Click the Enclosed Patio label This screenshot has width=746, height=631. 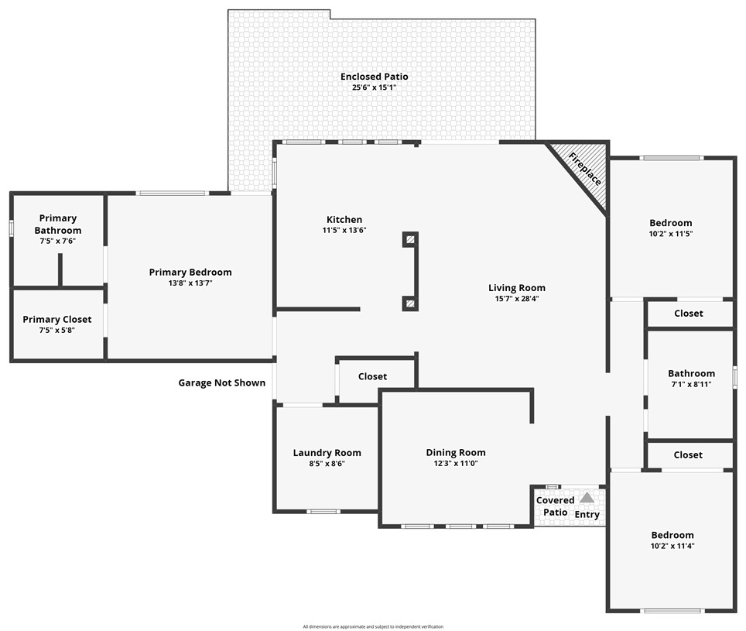tap(374, 77)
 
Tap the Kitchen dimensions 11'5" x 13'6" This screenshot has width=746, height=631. tap(344, 230)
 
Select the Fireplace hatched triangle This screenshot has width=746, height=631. tap(586, 170)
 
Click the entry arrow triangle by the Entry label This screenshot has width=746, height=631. tap(587, 498)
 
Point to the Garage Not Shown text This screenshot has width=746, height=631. tap(221, 382)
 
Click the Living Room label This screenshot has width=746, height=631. tap(516, 288)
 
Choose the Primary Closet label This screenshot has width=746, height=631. tap(57, 319)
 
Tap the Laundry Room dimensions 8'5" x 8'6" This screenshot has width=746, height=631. tap(327, 464)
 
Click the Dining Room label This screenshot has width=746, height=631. tap(456, 452)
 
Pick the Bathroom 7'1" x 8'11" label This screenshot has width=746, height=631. tap(691, 373)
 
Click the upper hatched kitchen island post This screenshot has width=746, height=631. tap(410, 240)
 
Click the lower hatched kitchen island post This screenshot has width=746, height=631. tap(410, 303)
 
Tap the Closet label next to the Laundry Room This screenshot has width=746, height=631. tap(372, 376)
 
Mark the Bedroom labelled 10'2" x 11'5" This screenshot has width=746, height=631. tap(670, 223)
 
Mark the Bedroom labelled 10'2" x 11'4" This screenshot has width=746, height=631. tap(672, 535)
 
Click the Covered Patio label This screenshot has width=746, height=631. tap(555, 506)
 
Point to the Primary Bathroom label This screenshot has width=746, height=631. tap(57, 225)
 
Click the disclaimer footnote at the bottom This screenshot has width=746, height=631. tap(373, 626)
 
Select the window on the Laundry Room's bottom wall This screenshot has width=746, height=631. tap(323, 511)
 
